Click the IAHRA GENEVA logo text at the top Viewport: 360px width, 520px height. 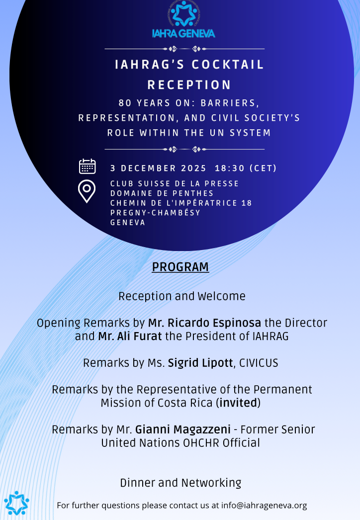(x=183, y=34)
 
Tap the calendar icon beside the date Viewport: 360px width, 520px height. (x=87, y=167)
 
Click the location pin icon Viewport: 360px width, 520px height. (x=87, y=191)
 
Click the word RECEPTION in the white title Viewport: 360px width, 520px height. (x=189, y=85)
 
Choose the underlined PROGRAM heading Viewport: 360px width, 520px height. (x=180, y=267)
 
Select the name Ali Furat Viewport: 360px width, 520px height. (x=130, y=336)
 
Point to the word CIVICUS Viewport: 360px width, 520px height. (x=259, y=363)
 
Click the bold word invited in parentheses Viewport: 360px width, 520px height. (x=238, y=403)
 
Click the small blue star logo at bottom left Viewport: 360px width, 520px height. (x=16, y=503)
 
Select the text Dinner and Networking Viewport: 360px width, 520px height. (x=180, y=483)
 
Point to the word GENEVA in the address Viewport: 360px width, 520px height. (x=128, y=223)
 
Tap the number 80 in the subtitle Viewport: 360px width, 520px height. (x=124, y=103)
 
